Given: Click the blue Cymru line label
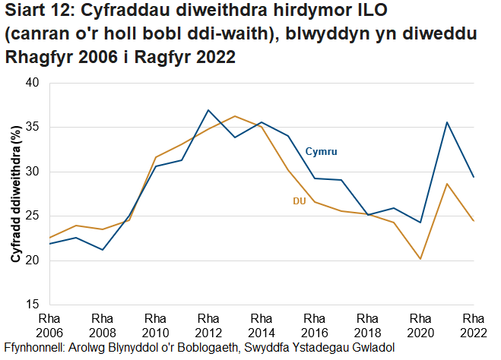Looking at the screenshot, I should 321,152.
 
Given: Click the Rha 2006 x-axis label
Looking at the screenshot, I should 49,325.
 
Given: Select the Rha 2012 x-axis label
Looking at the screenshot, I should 208,325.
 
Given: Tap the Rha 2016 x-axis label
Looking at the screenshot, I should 314,325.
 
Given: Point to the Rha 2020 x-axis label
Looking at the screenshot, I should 420,325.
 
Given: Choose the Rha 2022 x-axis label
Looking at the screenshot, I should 474,325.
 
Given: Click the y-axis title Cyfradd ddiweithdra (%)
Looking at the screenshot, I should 14,194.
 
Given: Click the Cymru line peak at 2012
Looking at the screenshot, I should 208,110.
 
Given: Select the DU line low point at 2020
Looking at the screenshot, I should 420,259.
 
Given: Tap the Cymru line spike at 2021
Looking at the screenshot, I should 447,122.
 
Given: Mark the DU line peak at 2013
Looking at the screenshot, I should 235,116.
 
